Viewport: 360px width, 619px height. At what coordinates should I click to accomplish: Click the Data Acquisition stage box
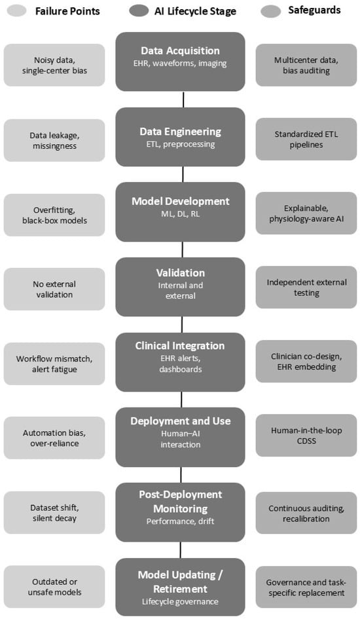pyautogui.click(x=180, y=62)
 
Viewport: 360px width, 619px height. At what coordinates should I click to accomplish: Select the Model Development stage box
pyautogui.click(x=180, y=212)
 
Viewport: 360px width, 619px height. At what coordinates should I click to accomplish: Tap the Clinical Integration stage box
pyautogui.click(x=180, y=362)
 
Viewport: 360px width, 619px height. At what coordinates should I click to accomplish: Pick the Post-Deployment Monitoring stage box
pyautogui.click(x=180, y=512)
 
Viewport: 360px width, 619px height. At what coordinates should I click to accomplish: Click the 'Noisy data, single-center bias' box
pyautogui.click(x=54, y=65)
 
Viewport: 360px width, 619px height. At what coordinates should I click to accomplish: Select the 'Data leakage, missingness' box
pyautogui.click(x=54, y=140)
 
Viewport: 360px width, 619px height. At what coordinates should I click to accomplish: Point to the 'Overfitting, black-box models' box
pyautogui.click(x=54, y=215)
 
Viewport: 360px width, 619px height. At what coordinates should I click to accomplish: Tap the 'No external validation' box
pyautogui.click(x=54, y=289)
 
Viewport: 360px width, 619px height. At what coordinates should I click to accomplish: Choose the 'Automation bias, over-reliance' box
pyautogui.click(x=54, y=438)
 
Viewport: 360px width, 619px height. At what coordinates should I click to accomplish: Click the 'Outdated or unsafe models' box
pyautogui.click(x=54, y=587)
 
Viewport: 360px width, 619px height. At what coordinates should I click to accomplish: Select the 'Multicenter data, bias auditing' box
pyautogui.click(x=306, y=65)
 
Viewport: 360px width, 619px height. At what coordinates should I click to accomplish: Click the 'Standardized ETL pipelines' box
pyautogui.click(x=306, y=139)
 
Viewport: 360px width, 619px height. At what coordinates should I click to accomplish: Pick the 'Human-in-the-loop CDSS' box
pyautogui.click(x=306, y=436)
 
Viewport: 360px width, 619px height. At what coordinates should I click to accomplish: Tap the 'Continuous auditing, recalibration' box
pyautogui.click(x=306, y=513)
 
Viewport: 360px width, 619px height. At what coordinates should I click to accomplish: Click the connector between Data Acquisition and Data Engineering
pyautogui.click(x=183, y=100)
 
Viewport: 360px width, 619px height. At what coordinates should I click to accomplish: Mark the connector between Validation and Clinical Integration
pyautogui.click(x=182, y=324)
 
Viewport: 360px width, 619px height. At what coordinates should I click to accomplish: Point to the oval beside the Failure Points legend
pyautogui.click(x=16, y=10)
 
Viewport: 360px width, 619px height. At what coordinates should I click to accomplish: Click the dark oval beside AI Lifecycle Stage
pyautogui.click(x=139, y=10)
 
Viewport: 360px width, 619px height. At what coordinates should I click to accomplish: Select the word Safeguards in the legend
pyautogui.click(x=314, y=10)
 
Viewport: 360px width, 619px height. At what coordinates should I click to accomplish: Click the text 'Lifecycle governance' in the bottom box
pyautogui.click(x=180, y=601)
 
